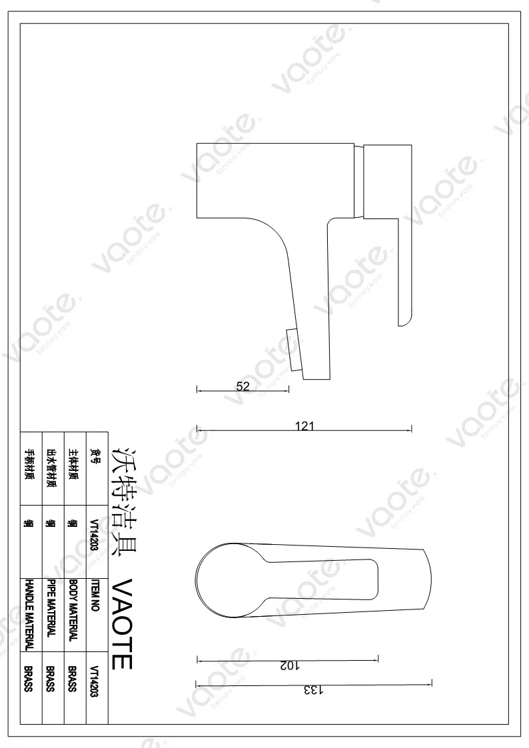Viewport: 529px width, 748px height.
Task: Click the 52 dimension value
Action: (243, 385)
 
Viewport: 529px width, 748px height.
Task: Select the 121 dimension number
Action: (304, 426)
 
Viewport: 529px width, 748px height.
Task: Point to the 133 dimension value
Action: (314, 690)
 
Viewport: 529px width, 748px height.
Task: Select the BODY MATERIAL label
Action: (73, 610)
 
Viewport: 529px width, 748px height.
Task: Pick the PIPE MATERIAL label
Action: (50, 608)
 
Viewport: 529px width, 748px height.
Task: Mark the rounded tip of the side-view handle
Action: (404, 318)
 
